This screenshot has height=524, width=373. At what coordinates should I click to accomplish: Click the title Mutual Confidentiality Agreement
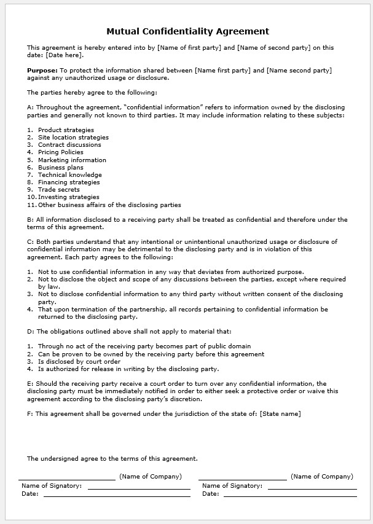click(187, 31)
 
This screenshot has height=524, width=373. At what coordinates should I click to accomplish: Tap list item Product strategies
click(66, 130)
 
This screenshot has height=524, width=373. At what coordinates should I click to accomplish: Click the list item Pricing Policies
click(60, 152)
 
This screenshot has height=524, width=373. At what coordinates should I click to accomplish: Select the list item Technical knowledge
click(69, 175)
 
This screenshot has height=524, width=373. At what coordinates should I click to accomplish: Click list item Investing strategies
click(68, 197)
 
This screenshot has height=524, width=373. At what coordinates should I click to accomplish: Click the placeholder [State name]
click(280, 414)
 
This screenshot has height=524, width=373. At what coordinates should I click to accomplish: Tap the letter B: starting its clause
click(31, 219)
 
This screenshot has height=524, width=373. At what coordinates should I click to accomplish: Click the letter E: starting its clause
click(31, 383)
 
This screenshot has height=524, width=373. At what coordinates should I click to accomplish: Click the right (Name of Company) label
click(322, 476)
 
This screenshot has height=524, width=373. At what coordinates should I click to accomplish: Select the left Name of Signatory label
click(52, 485)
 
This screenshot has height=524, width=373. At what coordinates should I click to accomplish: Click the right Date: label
click(211, 493)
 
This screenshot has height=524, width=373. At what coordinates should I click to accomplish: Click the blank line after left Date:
click(117, 495)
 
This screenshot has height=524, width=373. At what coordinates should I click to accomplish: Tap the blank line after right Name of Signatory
click(312, 488)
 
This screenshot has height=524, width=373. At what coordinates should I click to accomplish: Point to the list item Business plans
click(60, 167)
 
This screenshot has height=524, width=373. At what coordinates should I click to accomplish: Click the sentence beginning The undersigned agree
click(112, 458)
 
